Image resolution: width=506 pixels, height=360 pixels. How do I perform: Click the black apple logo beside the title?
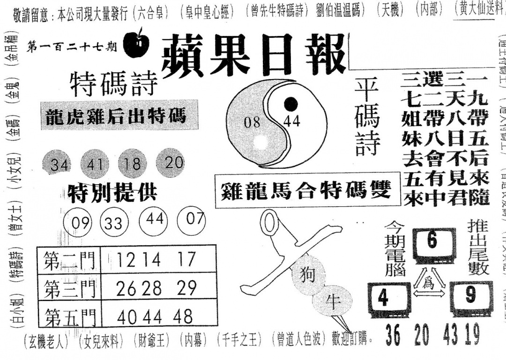[x=136, y=45]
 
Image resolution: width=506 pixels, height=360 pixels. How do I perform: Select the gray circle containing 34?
[x=59, y=165]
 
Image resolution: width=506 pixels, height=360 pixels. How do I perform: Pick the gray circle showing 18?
[x=133, y=163]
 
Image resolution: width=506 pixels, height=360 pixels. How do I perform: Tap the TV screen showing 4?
[x=385, y=298]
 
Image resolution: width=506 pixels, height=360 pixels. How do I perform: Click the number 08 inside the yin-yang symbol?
[x=252, y=123]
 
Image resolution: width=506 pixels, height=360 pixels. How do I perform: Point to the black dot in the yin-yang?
[x=291, y=103]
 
